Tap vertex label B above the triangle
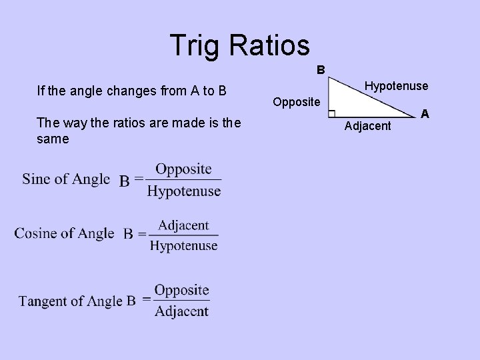pyautogui.click(x=321, y=69)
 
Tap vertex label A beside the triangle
pyautogui.click(x=425, y=115)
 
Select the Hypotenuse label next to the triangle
pyautogui.click(x=396, y=87)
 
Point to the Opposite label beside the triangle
pyautogui.click(x=297, y=103)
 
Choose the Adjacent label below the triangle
pyautogui.click(x=367, y=126)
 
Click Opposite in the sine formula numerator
pyautogui.click(x=183, y=169)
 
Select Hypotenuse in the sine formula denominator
pyautogui.click(x=183, y=192)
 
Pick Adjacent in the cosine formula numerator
pyautogui.click(x=183, y=225)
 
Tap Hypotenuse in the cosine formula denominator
pyautogui.click(x=183, y=246)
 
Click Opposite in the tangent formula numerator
pyautogui.click(x=181, y=290)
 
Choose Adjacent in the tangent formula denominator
pyautogui.click(x=181, y=311)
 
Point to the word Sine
pyautogui.click(x=36, y=179)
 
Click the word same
pyautogui.click(x=54, y=141)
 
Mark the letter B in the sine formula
pyautogui.click(x=125, y=180)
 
